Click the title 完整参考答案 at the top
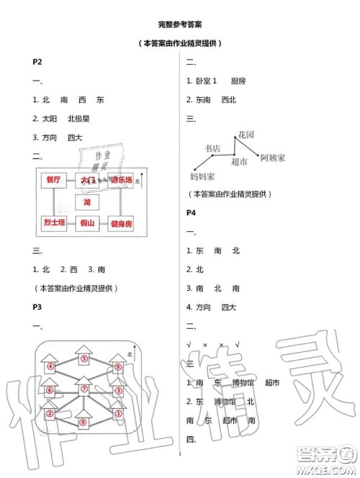pos(179,22)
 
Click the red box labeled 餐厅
pos(53,180)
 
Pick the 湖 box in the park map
pos(87,202)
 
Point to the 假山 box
pos(87,224)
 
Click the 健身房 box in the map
pos(120,224)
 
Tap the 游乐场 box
pos(120,180)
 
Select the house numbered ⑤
pos(84,358)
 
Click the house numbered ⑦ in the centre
pos(84,389)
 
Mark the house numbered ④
pos(50,366)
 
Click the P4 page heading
pos(192,213)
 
